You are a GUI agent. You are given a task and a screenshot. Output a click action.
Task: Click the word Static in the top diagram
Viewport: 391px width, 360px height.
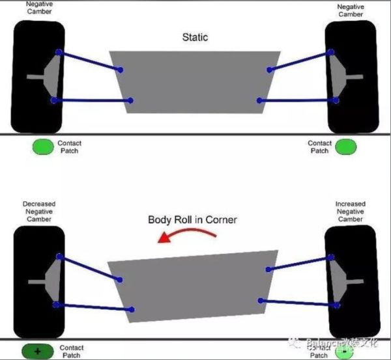pos(195,37)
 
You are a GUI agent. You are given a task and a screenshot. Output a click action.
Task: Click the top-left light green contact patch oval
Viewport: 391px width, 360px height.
pos(44,146)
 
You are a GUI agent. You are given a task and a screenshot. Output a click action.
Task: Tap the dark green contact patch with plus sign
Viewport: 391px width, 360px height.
pos(37,351)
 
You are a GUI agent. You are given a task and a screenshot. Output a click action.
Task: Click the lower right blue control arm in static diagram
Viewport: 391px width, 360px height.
pos(297,100)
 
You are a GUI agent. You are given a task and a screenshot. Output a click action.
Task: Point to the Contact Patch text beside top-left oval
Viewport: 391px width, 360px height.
pos(69,146)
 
